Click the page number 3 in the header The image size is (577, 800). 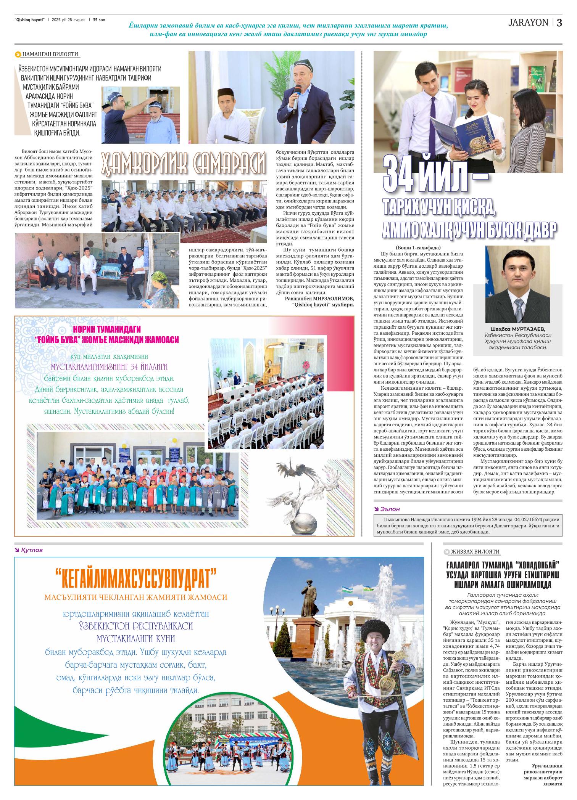[x=559, y=23]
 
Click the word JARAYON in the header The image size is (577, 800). [x=528, y=23]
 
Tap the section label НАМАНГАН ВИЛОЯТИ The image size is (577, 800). [x=50, y=55]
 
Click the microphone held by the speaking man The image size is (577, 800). [x=295, y=97]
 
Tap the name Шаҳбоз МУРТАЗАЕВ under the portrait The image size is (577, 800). [x=517, y=329]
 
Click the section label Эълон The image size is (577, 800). [x=390, y=509]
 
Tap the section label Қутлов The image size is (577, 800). [x=32, y=550]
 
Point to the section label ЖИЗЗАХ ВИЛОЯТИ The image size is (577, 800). [x=475, y=551]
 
